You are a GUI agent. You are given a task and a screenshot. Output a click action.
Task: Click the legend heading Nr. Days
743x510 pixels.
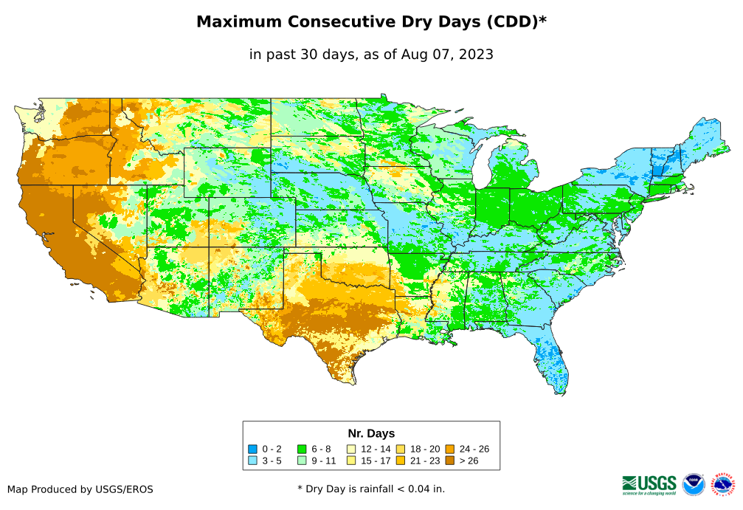(371, 433)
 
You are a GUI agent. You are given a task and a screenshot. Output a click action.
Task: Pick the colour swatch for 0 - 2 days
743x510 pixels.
(252, 449)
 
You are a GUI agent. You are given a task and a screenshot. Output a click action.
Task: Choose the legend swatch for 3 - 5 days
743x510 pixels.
(252, 461)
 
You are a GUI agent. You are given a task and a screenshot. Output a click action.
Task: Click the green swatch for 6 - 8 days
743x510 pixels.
(302, 449)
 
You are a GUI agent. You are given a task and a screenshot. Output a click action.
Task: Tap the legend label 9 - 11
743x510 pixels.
(324, 461)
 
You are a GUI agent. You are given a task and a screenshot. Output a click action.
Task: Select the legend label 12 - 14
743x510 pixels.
(376, 449)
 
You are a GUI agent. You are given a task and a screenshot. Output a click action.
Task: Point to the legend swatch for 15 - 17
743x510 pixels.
(352, 461)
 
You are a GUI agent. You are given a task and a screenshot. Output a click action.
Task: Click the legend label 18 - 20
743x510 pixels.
(426, 449)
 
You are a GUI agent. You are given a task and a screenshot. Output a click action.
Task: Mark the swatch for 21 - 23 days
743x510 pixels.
(401, 461)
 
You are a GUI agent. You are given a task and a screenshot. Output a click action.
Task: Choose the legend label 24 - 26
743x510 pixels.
(474, 449)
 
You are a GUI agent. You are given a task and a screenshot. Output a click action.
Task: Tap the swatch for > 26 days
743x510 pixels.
(449, 461)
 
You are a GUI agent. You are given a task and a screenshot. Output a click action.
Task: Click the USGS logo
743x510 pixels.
(649, 484)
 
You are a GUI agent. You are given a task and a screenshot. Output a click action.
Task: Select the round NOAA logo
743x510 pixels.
(694, 484)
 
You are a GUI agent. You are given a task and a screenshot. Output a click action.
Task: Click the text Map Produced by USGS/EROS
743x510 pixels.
(80, 489)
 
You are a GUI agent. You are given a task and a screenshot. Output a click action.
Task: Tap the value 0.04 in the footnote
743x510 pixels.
(415, 489)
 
